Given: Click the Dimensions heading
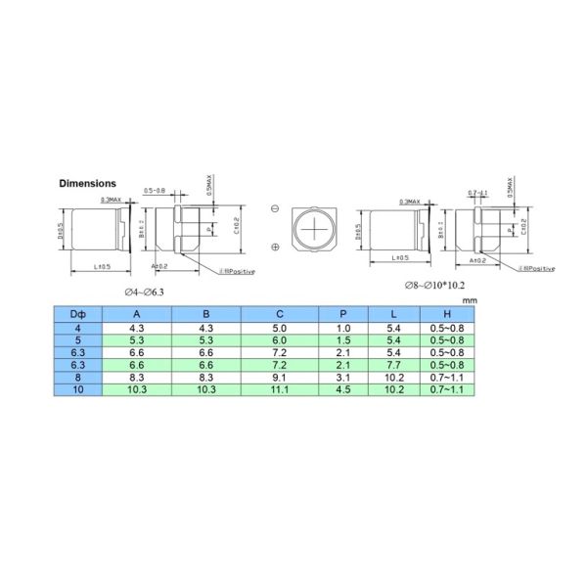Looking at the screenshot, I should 88,183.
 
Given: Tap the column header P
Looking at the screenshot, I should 342,313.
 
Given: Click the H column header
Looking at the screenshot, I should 446,313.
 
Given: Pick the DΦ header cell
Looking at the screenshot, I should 77,313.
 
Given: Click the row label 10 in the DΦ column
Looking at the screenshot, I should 77,388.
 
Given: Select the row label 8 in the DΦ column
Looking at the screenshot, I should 77,376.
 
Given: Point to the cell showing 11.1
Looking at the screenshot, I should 280,388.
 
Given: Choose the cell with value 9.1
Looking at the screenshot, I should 280,376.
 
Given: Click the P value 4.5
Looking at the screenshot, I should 342,388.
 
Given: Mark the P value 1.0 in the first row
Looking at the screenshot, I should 342,326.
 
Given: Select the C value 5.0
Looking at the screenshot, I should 280,326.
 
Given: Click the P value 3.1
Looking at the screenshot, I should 342,376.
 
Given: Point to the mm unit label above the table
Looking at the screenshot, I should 470,299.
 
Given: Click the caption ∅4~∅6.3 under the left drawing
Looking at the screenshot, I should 144,292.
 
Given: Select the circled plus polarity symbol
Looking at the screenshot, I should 275,247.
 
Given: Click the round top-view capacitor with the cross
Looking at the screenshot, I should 315,228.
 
